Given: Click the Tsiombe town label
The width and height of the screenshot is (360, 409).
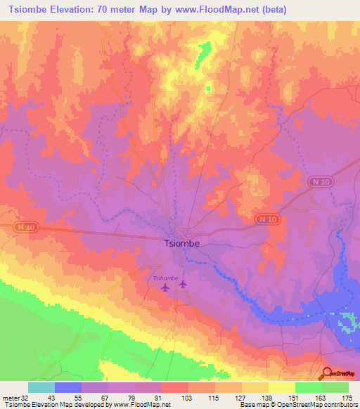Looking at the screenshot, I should (x=181, y=244).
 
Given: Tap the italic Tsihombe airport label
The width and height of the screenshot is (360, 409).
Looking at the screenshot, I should (x=165, y=278).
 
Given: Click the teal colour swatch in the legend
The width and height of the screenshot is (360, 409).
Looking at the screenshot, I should (x=41, y=387).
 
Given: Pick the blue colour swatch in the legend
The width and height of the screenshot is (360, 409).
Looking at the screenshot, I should (x=68, y=387).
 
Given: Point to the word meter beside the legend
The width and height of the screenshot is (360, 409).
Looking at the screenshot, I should (x=10, y=398).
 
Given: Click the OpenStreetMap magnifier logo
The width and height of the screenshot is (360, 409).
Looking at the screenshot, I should (x=327, y=374).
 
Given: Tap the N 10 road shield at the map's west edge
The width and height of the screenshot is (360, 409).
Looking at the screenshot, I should (x=25, y=226).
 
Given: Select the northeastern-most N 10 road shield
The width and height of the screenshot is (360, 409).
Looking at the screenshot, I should (x=319, y=182).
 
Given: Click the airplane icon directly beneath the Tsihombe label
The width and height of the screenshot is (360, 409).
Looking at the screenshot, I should (x=166, y=287).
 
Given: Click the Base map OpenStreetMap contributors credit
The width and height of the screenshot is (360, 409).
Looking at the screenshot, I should (x=298, y=405).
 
